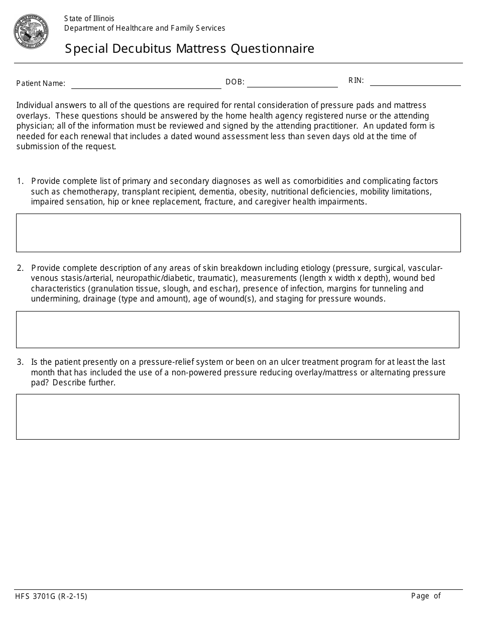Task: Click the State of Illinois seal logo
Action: [31, 32]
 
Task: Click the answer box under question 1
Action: [238, 233]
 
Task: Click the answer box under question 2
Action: [237, 330]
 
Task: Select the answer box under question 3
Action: [237, 417]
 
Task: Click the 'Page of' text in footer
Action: [425, 596]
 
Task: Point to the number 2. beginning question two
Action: [20, 268]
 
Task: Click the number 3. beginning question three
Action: [20, 362]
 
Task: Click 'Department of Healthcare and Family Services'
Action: [145, 28]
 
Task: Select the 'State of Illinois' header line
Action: [89, 19]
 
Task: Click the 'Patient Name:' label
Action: [41, 83]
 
